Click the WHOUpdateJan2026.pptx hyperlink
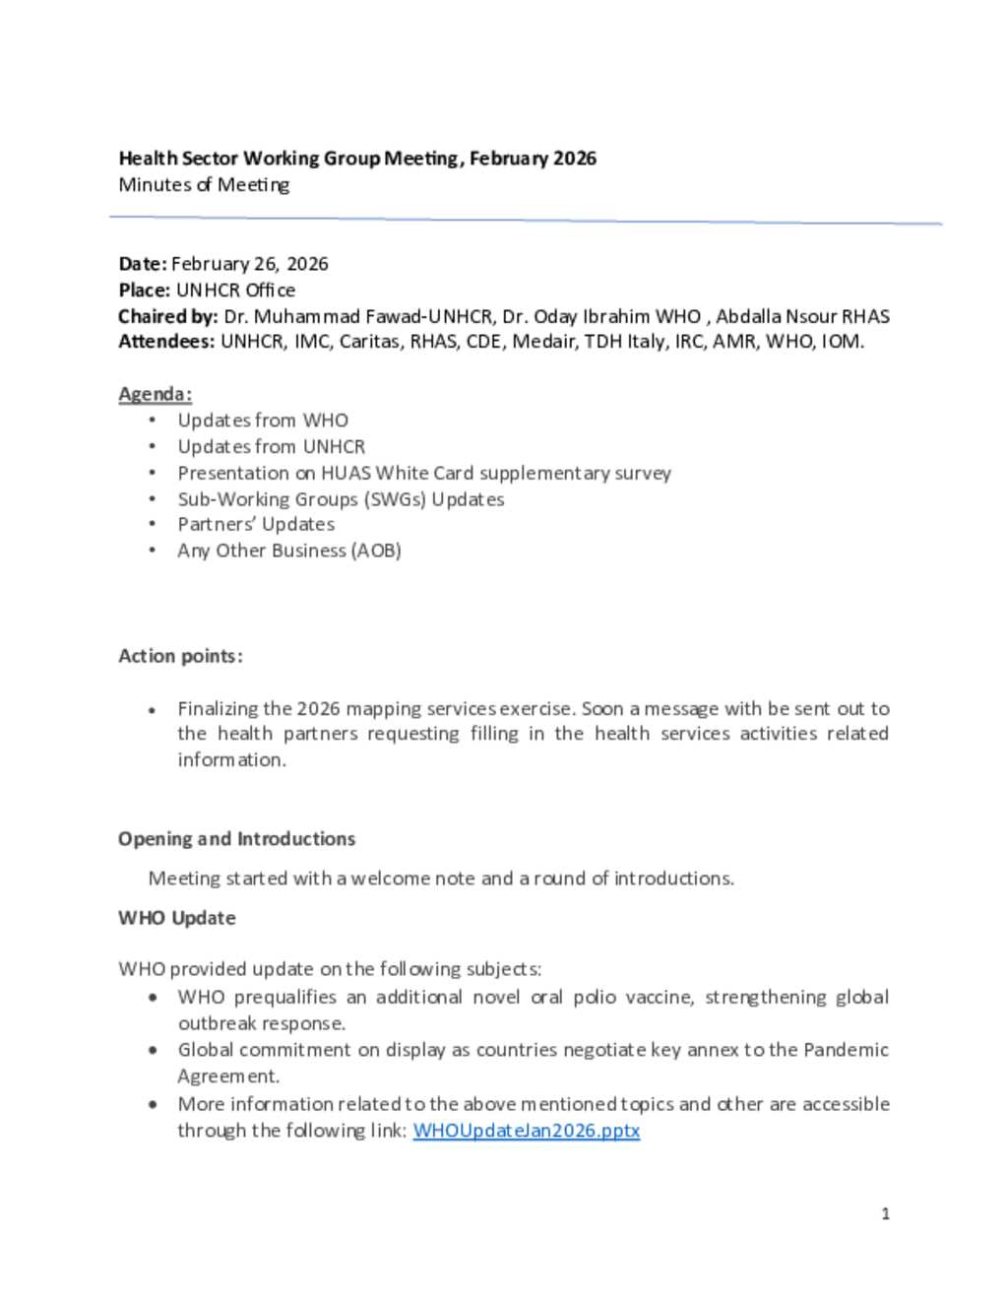pos(526,1131)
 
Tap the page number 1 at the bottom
pos(885,1213)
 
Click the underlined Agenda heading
pos(155,394)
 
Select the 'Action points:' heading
pos(180,656)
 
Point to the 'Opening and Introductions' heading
pos(236,839)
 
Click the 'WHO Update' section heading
pos(177,918)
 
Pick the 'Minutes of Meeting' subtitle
pos(204,184)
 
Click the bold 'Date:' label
pos(143,264)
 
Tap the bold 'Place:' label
pos(145,291)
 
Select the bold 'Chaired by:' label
pos(167,317)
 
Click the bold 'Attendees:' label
pos(166,343)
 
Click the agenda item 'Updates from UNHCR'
pos(271,447)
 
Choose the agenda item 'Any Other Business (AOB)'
pos(289,551)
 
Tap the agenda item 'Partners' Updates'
pos(256,525)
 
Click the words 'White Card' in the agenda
pos(424,473)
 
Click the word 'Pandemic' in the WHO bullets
pos(846,1050)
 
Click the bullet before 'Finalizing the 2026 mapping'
pos(153,710)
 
